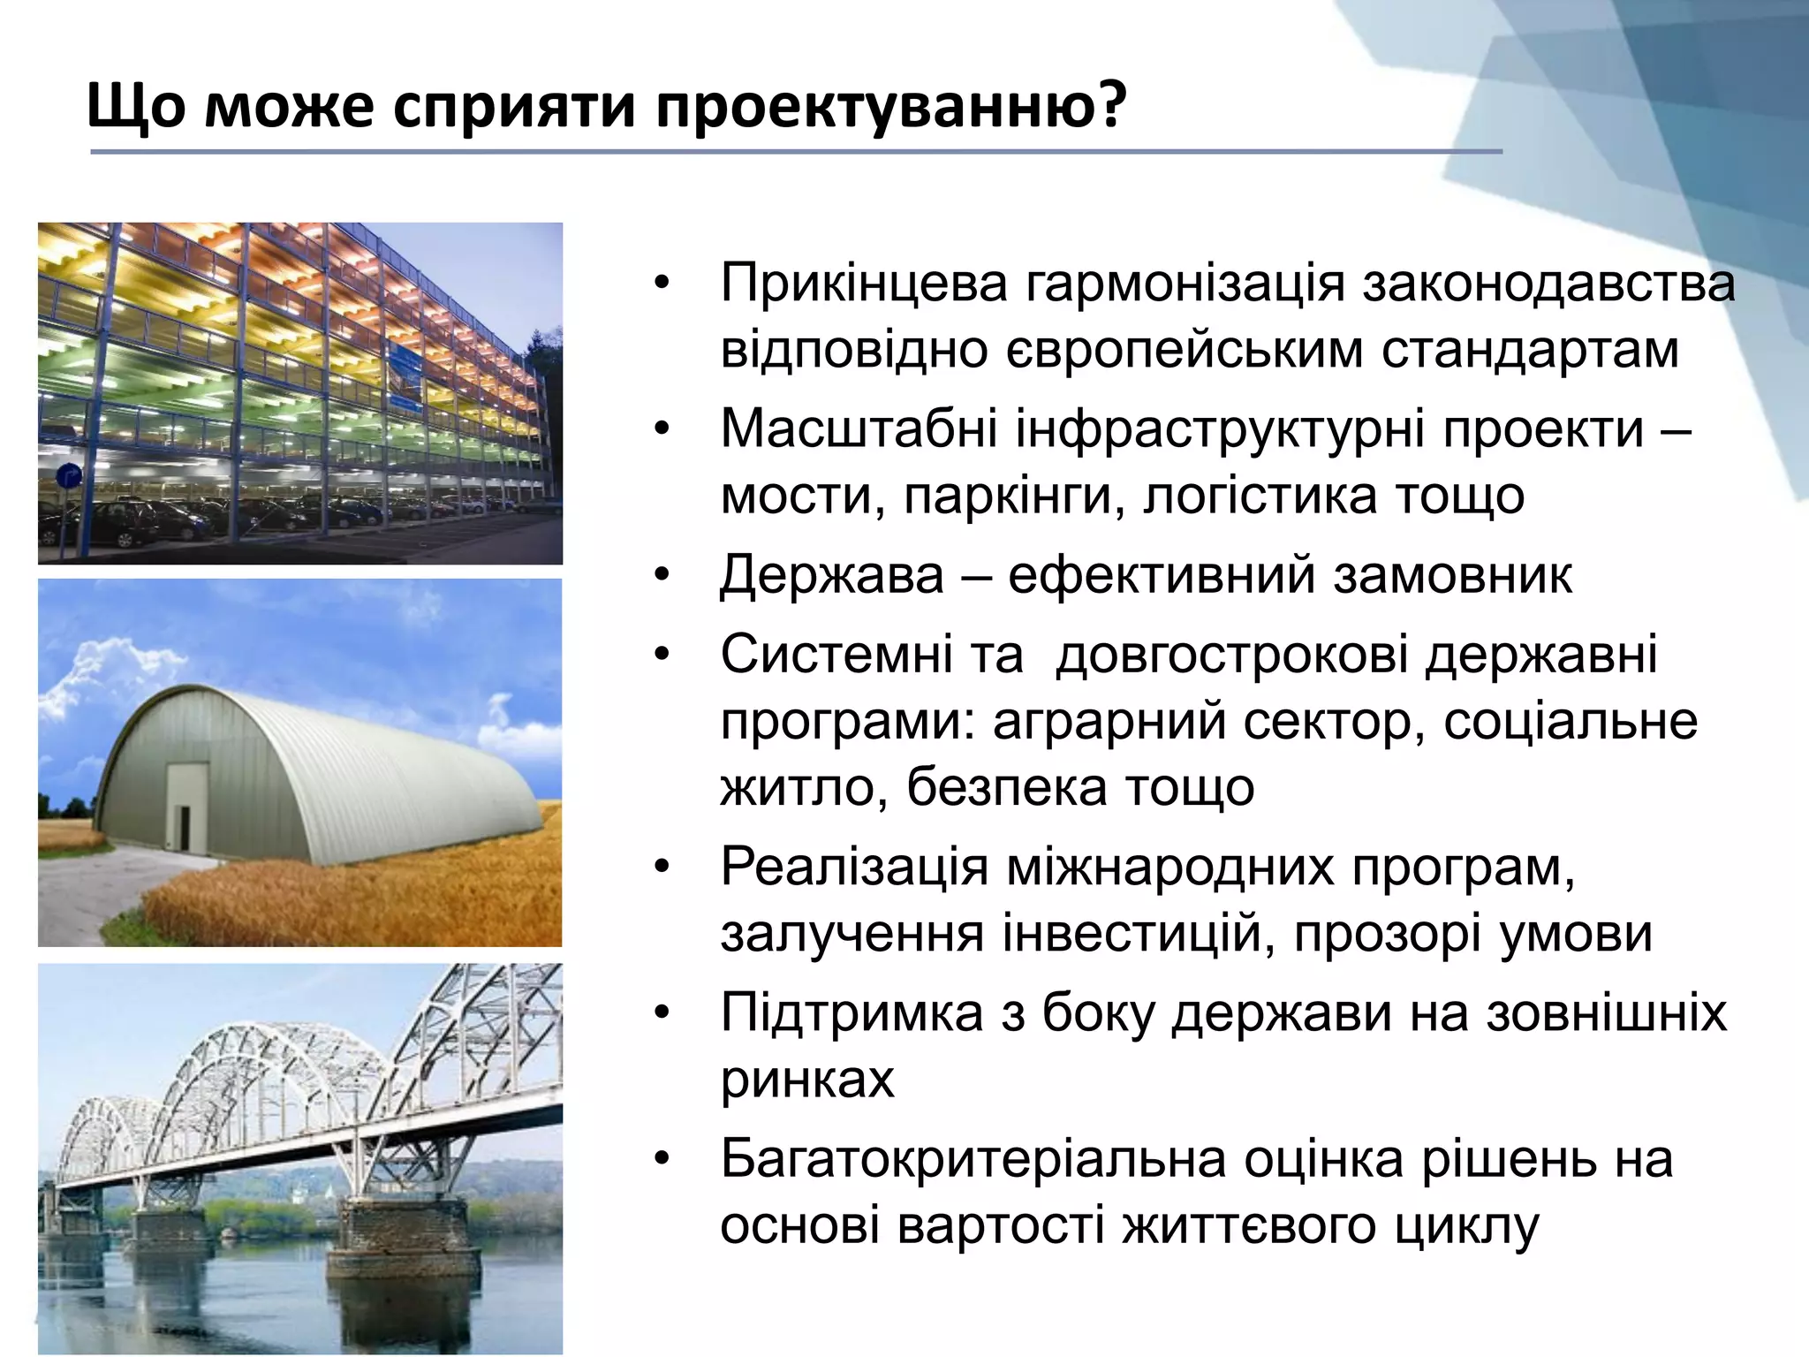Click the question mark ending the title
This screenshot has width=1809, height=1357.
[x=1111, y=106]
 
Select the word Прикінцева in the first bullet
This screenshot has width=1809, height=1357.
[x=863, y=284]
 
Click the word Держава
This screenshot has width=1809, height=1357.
[x=832, y=576]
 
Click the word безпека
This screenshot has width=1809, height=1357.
[x=1006, y=787]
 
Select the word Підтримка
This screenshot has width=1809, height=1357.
[x=852, y=1013]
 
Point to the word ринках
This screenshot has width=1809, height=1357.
[x=807, y=1080]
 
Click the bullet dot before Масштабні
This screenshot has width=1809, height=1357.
[x=663, y=431]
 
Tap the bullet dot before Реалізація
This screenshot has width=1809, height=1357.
[x=663, y=868]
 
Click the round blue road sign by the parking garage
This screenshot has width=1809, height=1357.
[x=69, y=478]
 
